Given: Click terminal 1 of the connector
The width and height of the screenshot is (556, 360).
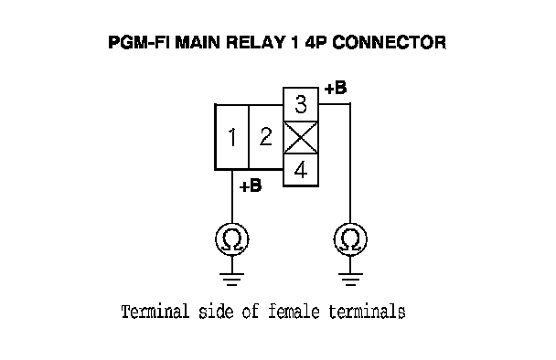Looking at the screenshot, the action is click(x=232, y=137).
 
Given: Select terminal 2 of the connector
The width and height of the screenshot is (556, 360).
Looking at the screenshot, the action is click(x=266, y=137).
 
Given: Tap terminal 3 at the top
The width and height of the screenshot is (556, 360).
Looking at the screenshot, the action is click(x=301, y=104).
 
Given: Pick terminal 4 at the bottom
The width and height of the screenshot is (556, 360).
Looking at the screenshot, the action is click(x=301, y=170).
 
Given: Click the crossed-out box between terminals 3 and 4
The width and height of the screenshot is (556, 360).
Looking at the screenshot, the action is click(x=301, y=138).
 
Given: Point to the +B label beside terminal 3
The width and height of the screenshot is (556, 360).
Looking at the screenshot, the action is click(x=336, y=88).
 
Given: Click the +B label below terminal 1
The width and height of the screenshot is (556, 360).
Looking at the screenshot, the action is click(x=251, y=185).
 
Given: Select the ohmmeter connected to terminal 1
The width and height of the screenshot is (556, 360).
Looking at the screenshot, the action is click(x=232, y=239).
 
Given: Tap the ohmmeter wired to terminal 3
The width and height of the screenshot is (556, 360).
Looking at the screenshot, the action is click(x=350, y=239).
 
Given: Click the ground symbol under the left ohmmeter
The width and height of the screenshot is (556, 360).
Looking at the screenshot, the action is click(x=232, y=279).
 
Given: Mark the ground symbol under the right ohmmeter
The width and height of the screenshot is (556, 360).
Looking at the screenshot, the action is click(x=350, y=279).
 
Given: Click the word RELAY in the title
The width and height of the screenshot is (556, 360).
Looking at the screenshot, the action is click(x=255, y=42).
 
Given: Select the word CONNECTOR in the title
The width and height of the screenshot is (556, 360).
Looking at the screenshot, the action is click(x=389, y=42).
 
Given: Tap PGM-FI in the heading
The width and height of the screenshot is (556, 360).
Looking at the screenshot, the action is click(x=139, y=42).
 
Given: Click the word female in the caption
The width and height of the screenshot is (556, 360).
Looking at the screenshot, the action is click(x=294, y=312).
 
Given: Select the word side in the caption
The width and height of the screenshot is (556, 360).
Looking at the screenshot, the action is click(x=216, y=312).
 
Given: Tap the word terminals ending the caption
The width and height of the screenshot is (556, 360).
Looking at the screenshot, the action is click(x=367, y=312).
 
